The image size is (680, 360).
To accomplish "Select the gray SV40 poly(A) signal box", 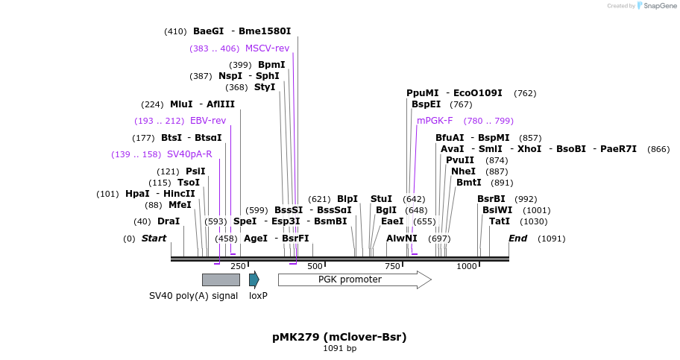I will [x=221, y=280].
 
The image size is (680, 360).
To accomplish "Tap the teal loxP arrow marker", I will [x=254, y=280].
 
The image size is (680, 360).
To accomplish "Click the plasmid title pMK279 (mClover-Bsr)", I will [x=339, y=337].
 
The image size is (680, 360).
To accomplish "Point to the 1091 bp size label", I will [x=339, y=348].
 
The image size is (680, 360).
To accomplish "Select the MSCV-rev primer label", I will [x=267, y=48].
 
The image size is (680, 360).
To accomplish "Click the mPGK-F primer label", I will [x=435, y=121].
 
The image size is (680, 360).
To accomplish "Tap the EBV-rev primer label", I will [x=208, y=121].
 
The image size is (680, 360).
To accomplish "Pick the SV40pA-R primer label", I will [x=189, y=154].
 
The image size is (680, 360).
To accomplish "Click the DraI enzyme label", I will [x=169, y=221].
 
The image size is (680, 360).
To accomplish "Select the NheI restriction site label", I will [x=463, y=171].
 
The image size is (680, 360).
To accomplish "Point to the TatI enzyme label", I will [x=500, y=221].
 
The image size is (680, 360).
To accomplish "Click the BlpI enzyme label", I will [x=347, y=199].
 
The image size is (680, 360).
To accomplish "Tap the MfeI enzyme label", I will [x=180, y=205].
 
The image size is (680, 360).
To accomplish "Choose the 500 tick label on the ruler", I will [x=315, y=266].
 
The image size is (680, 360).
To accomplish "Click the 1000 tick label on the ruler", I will [x=467, y=266].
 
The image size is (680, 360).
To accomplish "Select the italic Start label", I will [x=154, y=239].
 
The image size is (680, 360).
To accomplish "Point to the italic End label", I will [x=517, y=239].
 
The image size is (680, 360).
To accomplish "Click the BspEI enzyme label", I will [x=426, y=104].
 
